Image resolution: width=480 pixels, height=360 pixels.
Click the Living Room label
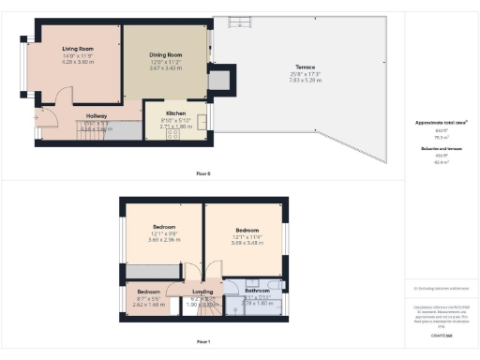pos(80,48)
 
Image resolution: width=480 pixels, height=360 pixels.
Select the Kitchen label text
pos(176,112)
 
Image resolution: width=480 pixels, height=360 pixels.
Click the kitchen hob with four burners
pos(173,133)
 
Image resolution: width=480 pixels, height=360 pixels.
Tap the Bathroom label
pos(257,291)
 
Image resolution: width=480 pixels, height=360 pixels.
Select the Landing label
pos(203,292)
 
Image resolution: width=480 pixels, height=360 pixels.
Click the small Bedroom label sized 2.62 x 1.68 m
pos(148,292)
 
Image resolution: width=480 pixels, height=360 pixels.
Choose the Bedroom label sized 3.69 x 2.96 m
pos(165,228)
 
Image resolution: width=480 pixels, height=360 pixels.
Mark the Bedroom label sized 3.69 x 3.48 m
pos(247,231)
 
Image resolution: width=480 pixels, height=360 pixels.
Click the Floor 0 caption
pos(203,173)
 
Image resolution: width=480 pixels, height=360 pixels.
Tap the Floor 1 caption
pos(203,341)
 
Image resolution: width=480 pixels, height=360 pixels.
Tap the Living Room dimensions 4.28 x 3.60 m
pos(80,61)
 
